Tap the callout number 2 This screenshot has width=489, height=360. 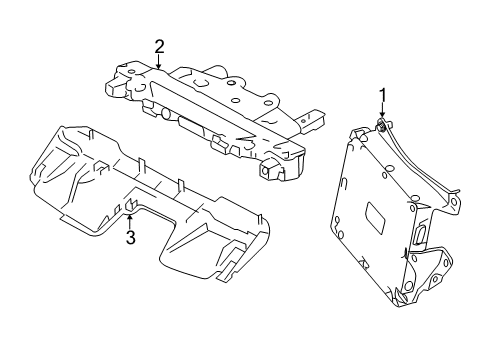(x=159, y=46)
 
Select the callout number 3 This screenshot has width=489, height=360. (x=129, y=237)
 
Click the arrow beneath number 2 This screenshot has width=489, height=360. (x=159, y=63)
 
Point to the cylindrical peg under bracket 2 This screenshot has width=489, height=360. (x=160, y=112)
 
